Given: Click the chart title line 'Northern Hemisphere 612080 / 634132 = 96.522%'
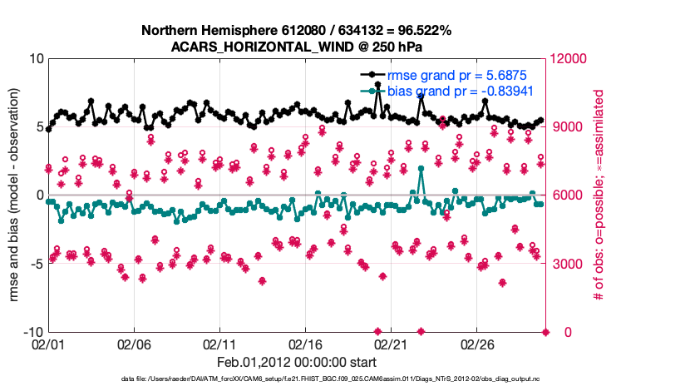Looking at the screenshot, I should coord(297,31).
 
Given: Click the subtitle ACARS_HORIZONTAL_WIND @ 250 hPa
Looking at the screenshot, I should coord(297,47).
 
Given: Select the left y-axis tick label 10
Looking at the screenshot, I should coord(36,59).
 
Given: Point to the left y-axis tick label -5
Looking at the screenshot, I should coord(36,264).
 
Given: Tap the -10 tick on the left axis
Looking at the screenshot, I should coord(32,332).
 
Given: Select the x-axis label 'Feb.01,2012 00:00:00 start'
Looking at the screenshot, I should coord(297,362).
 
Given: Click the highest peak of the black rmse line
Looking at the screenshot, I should coord(379,85).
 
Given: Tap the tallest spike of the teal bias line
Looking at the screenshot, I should coord(421,168).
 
